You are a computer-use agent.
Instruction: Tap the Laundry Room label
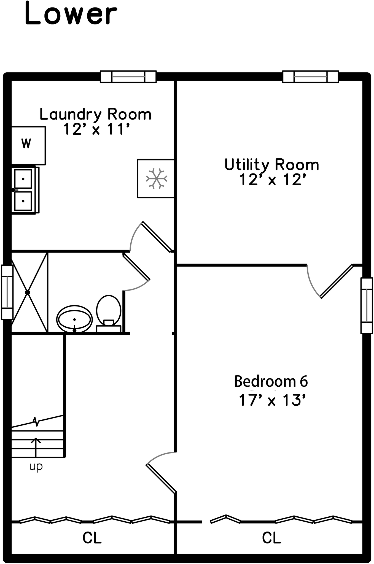(95, 114)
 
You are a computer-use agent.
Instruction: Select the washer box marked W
(28, 145)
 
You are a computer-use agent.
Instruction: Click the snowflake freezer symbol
(156, 179)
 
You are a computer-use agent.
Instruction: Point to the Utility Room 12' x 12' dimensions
(272, 180)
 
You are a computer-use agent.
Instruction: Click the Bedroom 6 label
(271, 381)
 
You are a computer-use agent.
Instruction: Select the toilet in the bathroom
(109, 313)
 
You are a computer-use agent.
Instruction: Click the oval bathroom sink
(74, 319)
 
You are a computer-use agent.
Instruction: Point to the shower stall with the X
(29, 292)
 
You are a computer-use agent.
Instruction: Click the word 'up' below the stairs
(36, 467)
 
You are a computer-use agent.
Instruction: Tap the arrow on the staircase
(36, 446)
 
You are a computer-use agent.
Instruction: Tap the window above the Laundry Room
(128, 77)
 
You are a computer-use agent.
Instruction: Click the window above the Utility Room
(311, 77)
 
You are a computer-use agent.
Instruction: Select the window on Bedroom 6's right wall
(367, 306)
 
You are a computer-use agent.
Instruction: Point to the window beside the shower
(7, 292)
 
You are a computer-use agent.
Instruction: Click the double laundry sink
(24, 190)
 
